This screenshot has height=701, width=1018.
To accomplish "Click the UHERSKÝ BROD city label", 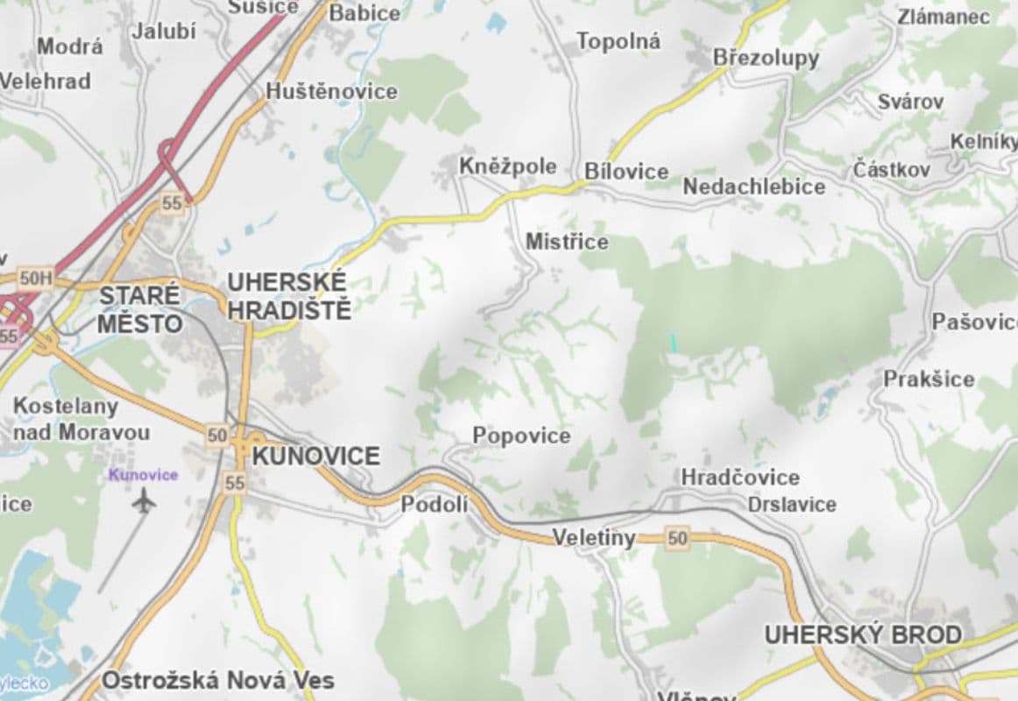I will [863, 634].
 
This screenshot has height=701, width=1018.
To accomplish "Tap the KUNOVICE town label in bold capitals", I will [315, 456].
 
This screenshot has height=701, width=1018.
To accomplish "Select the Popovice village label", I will [521, 435].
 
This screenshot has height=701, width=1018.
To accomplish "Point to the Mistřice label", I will [567, 241].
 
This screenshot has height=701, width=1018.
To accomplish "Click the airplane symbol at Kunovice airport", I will [144, 501].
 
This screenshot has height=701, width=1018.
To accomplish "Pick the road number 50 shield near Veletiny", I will [677, 538].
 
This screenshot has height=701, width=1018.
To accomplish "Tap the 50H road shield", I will [35, 279].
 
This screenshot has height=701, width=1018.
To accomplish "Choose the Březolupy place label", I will [766, 58].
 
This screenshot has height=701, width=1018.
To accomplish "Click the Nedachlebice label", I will [753, 187].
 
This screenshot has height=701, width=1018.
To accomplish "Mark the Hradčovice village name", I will [740, 478].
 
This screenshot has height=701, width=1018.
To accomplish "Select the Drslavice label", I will [792, 505].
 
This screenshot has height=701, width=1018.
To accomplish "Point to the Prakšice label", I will [929, 379].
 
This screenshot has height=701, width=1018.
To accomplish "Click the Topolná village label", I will [619, 40].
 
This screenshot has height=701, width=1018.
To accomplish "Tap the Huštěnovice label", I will [331, 91].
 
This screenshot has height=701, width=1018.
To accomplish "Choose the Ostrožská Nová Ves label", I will [217, 680].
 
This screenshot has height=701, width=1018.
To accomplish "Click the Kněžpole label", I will [508, 166].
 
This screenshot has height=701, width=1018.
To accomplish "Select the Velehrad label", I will [46, 81].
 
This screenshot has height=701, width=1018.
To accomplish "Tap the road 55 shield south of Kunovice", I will [234, 482].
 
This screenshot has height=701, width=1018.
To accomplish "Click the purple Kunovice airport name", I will [143, 475].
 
